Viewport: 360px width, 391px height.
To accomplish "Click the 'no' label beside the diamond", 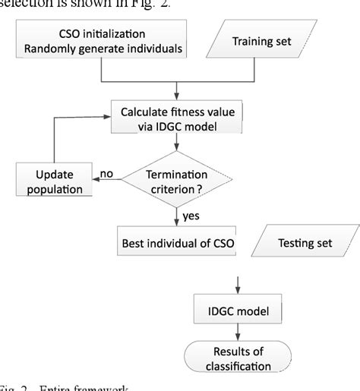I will [107, 174].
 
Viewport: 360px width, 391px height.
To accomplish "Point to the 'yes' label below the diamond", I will [192, 216].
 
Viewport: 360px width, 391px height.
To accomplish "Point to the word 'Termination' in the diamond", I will [179, 174].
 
